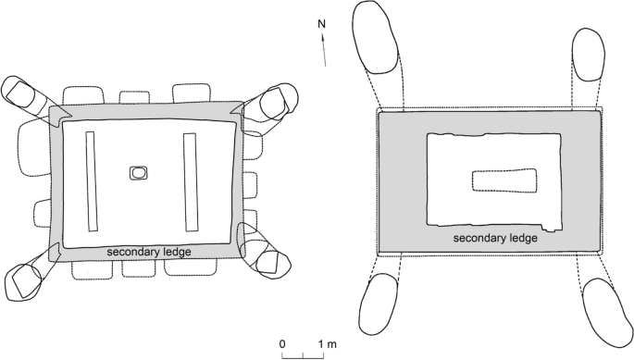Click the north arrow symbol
point(324,50)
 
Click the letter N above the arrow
point(321,25)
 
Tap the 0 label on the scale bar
point(283,344)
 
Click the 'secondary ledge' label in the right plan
point(495,238)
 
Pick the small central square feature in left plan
point(138,172)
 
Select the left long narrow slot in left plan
point(92,180)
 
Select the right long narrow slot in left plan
point(191,181)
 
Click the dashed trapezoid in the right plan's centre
point(504,180)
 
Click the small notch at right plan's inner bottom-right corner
point(552,225)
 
